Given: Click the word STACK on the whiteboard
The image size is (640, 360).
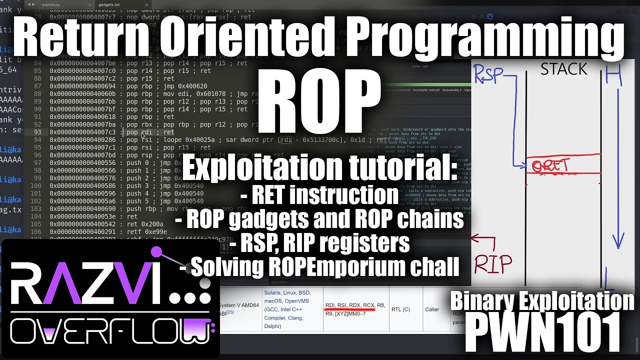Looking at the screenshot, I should pyautogui.click(x=563, y=69).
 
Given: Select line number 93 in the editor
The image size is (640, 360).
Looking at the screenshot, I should pyautogui.click(x=38, y=132).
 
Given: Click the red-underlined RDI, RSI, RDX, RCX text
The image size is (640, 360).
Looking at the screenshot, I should pyautogui.click(x=349, y=305).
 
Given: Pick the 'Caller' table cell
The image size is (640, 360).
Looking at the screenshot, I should pyautogui.click(x=432, y=309).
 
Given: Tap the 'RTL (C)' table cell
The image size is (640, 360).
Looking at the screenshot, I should pyautogui.click(x=400, y=309).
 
